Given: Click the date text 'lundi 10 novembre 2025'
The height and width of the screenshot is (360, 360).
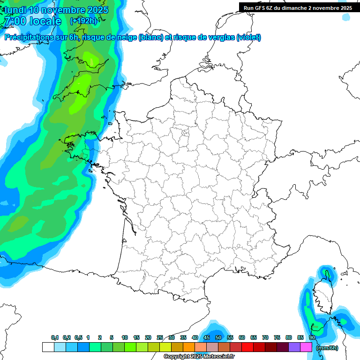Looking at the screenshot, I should (x=56, y=10).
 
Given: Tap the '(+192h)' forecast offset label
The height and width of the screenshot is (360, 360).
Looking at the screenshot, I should (x=83, y=21).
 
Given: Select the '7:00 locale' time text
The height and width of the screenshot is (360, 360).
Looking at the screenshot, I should (x=32, y=21).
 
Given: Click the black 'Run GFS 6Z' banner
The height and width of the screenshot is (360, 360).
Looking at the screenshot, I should (x=298, y=7).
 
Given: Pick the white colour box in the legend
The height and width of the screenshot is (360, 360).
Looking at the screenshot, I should (x=48, y=347).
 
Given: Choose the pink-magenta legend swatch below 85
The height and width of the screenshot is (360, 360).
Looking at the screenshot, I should (x=306, y=347).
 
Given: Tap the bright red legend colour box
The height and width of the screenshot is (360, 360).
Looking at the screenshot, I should (x=247, y=347).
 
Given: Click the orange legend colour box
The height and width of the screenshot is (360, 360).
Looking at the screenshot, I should (x=189, y=347).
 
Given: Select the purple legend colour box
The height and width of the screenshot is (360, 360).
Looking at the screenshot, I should (x=294, y=347).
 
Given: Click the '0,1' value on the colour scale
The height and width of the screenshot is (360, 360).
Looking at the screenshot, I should (x=55, y=337).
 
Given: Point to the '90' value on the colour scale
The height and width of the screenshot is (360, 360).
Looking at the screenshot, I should (x=312, y=337).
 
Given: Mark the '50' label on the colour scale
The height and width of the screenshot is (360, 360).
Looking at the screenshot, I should (x=218, y=337).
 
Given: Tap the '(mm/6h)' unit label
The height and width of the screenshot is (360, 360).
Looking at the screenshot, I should (x=327, y=348).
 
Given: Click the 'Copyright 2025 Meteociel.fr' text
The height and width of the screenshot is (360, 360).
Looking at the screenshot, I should (x=199, y=357).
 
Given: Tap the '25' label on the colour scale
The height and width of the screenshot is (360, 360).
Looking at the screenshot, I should (x=160, y=337).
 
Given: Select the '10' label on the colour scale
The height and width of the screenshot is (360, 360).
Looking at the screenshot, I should (x=125, y=337).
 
